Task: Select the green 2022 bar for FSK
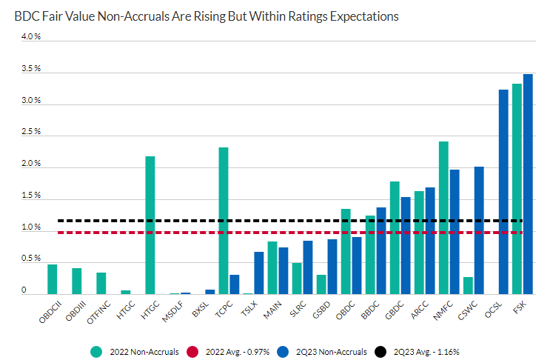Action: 517,189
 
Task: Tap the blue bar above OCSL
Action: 503,192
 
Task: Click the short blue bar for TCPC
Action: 234,284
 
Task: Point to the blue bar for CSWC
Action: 479,230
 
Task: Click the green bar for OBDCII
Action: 52,279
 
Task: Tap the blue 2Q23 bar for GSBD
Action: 332,267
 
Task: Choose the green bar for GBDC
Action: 395,238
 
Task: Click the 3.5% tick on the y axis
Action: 30,68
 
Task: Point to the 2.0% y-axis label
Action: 30,164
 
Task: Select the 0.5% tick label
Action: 30,259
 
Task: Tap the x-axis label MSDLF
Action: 171,313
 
